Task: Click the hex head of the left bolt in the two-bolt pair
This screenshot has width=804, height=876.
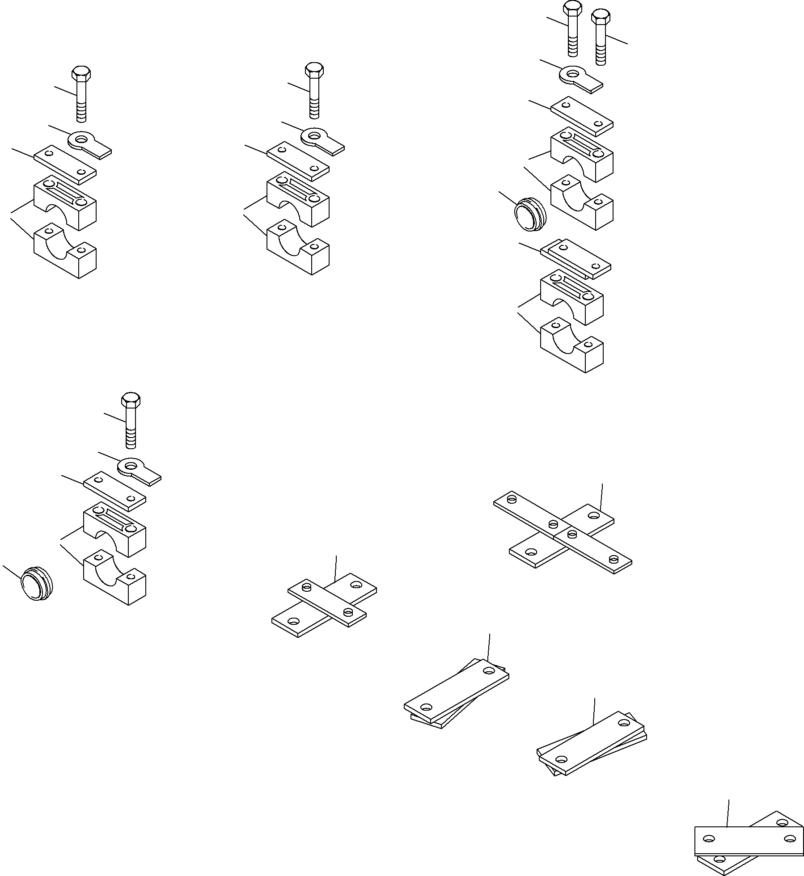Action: point(571,8)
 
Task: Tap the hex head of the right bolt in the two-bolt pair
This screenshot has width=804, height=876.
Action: point(600,18)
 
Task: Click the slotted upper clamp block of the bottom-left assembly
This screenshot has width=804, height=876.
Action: point(114,527)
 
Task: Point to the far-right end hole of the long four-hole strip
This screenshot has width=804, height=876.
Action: point(614,559)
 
